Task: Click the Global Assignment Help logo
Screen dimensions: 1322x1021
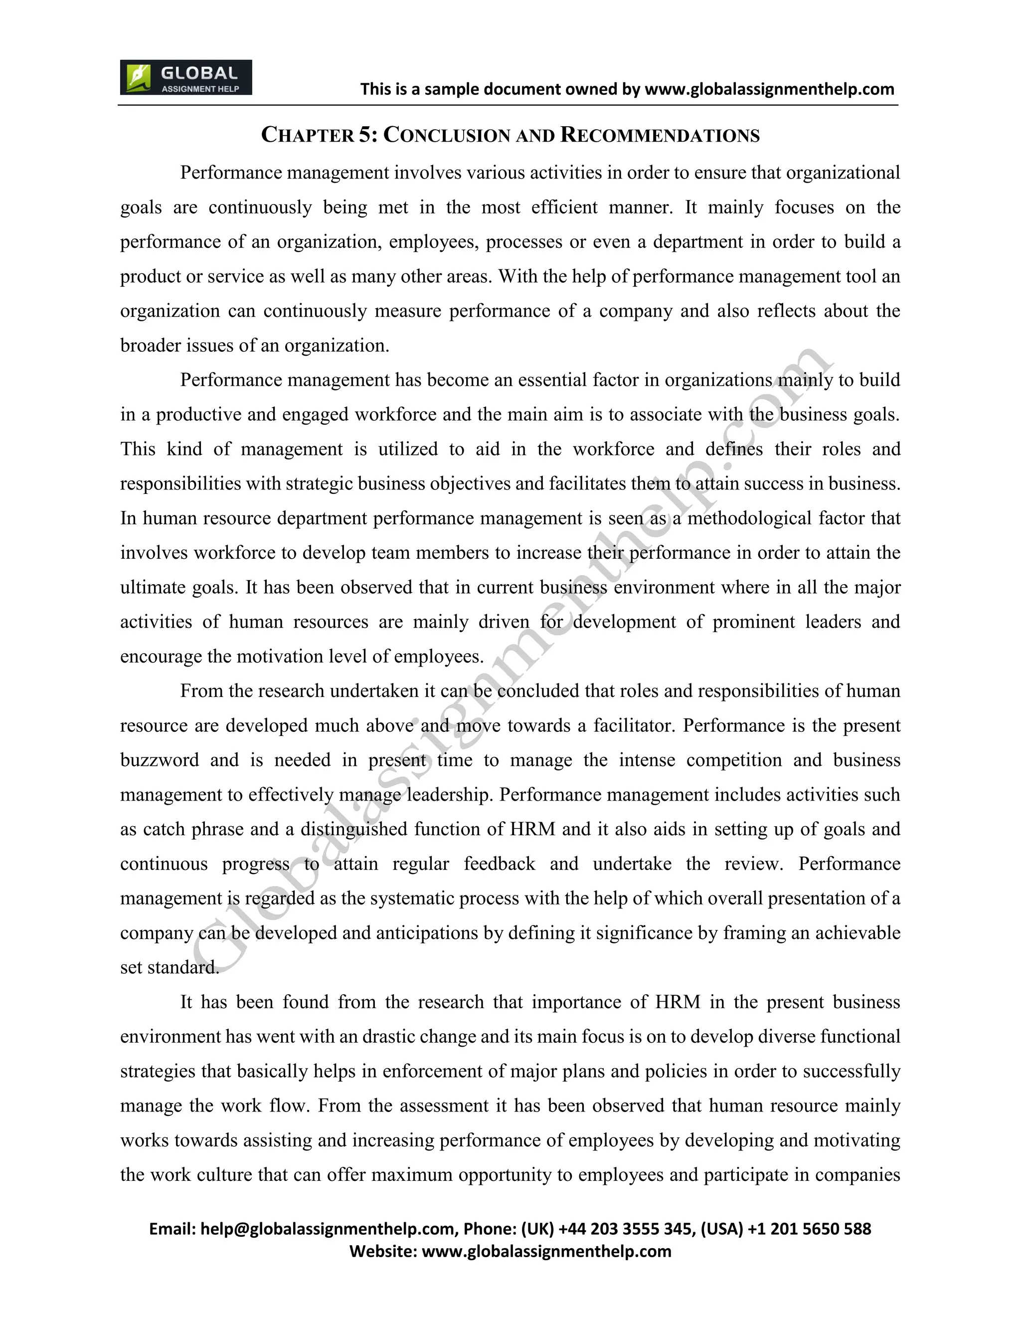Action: pyautogui.click(x=185, y=77)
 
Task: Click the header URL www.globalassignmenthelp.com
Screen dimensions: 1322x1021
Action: pyautogui.click(x=769, y=90)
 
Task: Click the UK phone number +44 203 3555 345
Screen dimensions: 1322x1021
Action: pyautogui.click(x=625, y=1229)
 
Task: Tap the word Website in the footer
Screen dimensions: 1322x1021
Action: pyautogui.click(x=382, y=1251)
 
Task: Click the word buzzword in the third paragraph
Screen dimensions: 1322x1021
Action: pyautogui.click(x=159, y=760)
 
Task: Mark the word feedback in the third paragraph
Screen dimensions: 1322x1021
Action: pyautogui.click(x=499, y=864)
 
